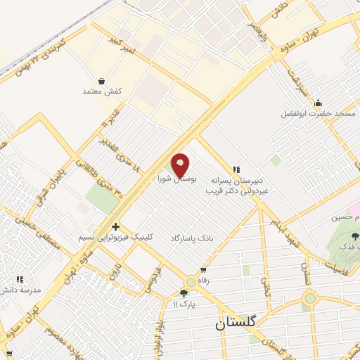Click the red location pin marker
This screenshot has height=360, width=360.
click(x=181, y=165)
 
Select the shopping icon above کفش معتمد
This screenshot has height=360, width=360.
click(x=103, y=81)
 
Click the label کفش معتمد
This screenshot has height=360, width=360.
click(x=103, y=92)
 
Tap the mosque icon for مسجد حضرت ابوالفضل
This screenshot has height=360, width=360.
click(x=318, y=103)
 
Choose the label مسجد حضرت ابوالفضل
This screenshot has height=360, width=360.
click(x=319, y=113)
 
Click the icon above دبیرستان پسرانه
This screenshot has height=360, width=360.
click(x=236, y=169)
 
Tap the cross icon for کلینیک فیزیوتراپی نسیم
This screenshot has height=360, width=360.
click(x=115, y=226)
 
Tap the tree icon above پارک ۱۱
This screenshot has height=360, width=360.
click(x=184, y=292)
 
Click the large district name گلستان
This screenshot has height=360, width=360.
click(x=236, y=324)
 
